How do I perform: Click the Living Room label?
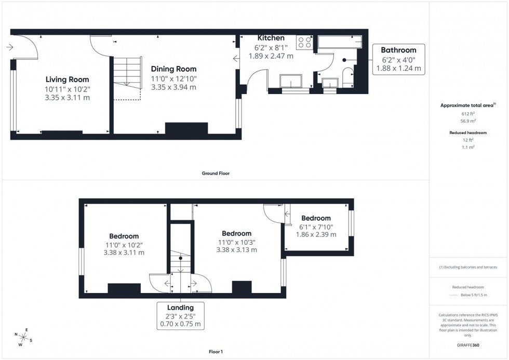pyautogui.click(x=67, y=79)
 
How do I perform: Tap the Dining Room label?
pyautogui.click(x=173, y=69)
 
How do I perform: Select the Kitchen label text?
pyautogui.click(x=271, y=38)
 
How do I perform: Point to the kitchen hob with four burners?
pyautogui.click(x=303, y=42)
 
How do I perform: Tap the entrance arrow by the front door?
pyautogui.click(x=10, y=47)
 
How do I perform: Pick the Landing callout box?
pyautogui.click(x=180, y=316)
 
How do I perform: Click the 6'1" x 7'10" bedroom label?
pyautogui.click(x=316, y=218)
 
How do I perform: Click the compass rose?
pyautogui.click(x=24, y=336)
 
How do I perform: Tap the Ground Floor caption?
pyautogui.click(x=216, y=174)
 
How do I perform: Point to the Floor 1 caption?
pyautogui.click(x=215, y=352)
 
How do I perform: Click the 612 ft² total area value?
pyautogui.click(x=468, y=114)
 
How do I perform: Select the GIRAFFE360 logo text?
pyautogui.click(x=468, y=345)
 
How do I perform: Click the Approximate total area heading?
pyautogui.click(x=468, y=105)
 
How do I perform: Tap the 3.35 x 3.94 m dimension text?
pyautogui.click(x=173, y=87)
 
